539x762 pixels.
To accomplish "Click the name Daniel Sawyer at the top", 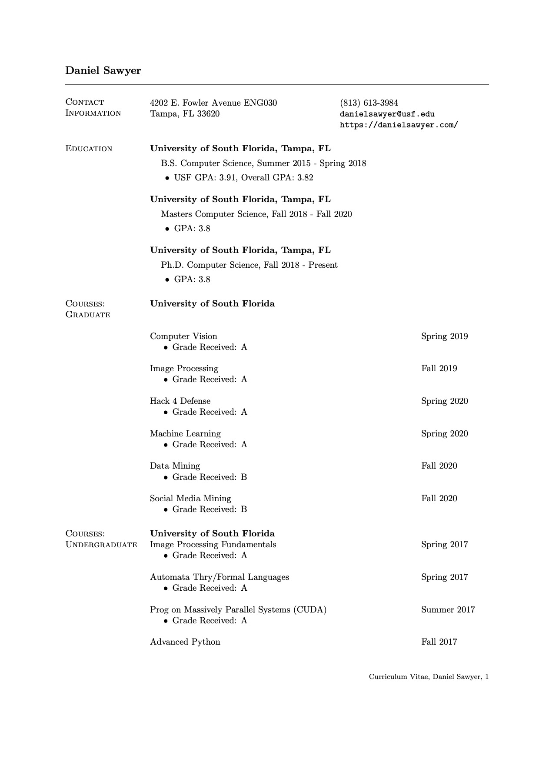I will pyautogui.click(x=103, y=70).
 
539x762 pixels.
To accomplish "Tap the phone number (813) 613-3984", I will pyautogui.click(x=369, y=103).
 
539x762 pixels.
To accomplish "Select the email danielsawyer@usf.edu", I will pyautogui.click(x=387, y=114).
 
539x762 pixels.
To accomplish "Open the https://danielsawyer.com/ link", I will pyautogui.click(x=399, y=125).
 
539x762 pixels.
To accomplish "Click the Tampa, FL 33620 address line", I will pyautogui.click(x=185, y=114).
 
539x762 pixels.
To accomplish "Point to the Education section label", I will pyautogui.click(x=89, y=149).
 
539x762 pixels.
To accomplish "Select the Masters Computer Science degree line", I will pyautogui.click(x=256, y=214).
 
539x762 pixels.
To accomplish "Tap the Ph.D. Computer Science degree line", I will pyautogui.click(x=249, y=265).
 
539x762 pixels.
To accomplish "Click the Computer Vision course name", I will pyautogui.click(x=183, y=336).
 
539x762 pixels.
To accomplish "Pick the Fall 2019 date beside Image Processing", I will pyautogui.click(x=439, y=369).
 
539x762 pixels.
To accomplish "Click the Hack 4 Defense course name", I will pyautogui.click(x=180, y=401).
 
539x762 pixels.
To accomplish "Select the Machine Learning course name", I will pyautogui.click(x=185, y=433).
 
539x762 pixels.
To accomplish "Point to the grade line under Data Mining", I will pyautogui.click(x=210, y=477).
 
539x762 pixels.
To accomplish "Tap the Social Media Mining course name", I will pyautogui.click(x=190, y=498).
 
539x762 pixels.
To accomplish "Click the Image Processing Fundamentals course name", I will pyautogui.click(x=213, y=544).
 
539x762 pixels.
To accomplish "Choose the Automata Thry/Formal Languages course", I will pyautogui.click(x=220, y=577).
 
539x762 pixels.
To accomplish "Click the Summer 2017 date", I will pyautogui.click(x=448, y=609).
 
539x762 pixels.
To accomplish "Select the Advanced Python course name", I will pyautogui.click(x=185, y=642).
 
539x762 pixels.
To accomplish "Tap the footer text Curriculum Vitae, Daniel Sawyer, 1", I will pyautogui.click(x=429, y=677).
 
